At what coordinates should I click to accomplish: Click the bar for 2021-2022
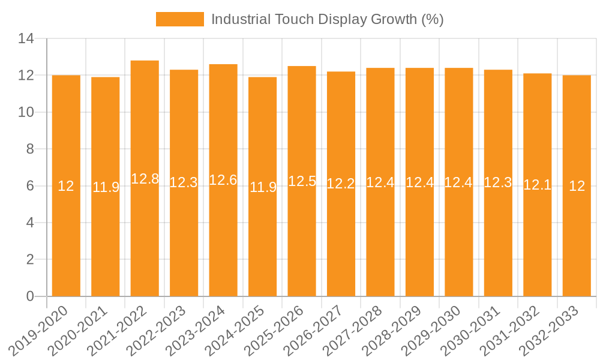pos(145,180)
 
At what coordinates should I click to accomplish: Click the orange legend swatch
pos(179,19)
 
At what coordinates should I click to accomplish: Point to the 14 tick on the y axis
pos(26,39)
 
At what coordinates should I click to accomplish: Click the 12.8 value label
pos(145,179)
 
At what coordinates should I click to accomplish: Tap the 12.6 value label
pos(223,180)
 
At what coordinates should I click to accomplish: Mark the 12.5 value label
pos(302,181)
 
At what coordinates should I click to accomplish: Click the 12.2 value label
pos(341,184)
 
